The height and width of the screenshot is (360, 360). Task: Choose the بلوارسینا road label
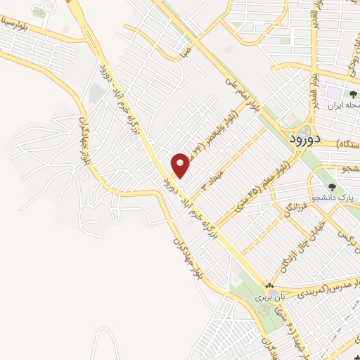pos(25,30)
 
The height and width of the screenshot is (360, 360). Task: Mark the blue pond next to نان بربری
pos(260,310)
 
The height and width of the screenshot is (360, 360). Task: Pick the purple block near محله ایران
pos(331,92)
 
